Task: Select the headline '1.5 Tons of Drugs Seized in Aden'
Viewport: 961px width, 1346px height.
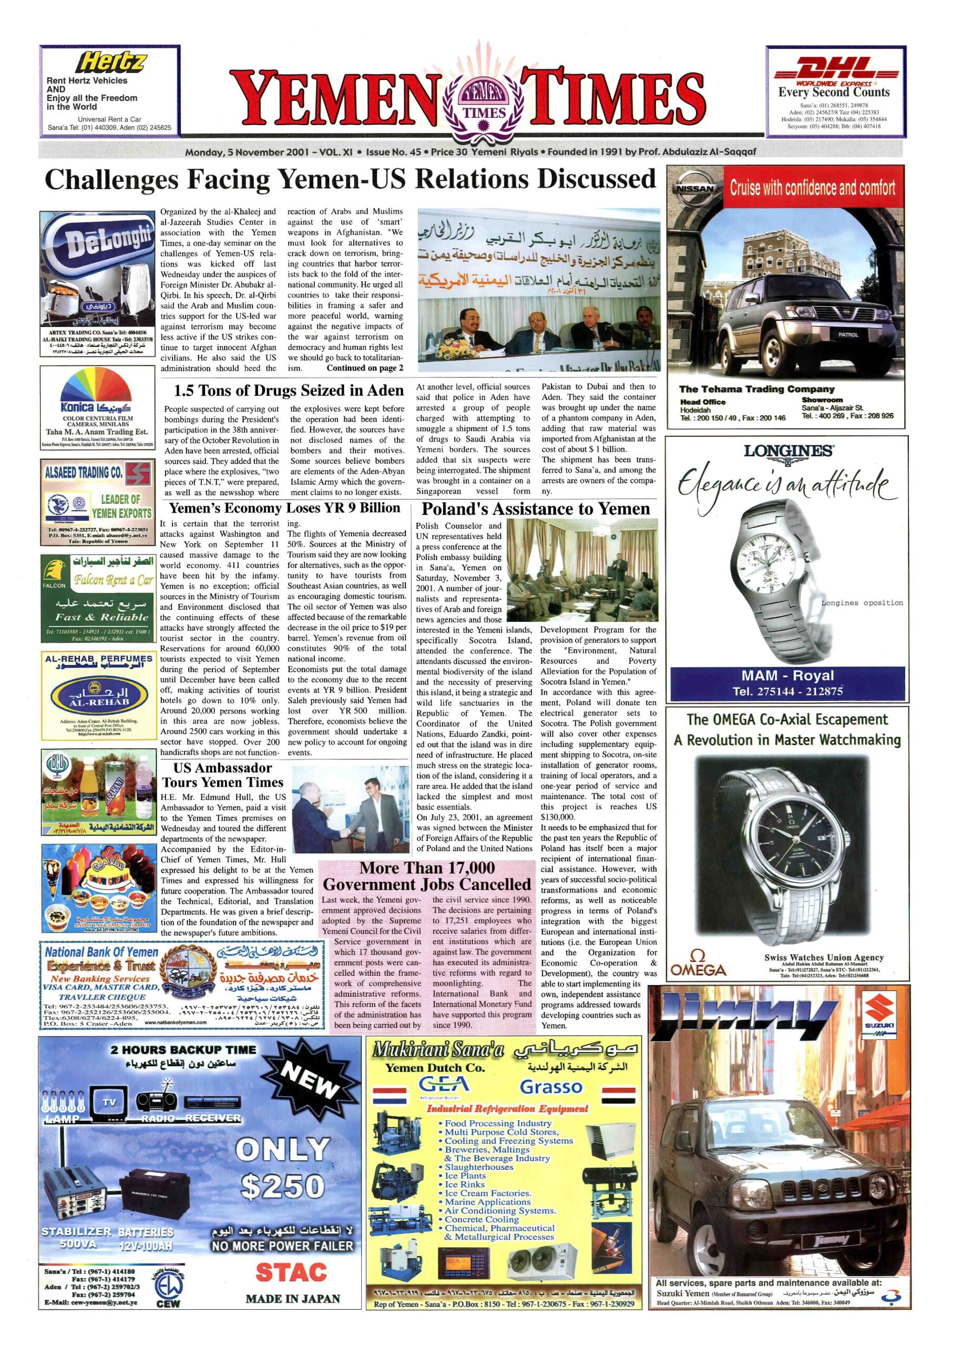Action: pos(289,391)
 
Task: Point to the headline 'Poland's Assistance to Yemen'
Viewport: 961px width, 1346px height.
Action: pos(536,509)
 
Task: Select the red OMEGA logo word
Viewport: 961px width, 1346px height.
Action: pos(698,970)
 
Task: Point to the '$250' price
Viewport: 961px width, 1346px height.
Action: pos(283,1186)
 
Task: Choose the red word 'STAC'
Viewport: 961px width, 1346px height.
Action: pos(292,1271)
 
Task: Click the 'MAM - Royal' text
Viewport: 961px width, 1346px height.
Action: pos(787,676)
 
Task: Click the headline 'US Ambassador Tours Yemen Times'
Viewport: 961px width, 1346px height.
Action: pos(223,775)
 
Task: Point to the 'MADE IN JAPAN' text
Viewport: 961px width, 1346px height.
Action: pos(293,1299)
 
